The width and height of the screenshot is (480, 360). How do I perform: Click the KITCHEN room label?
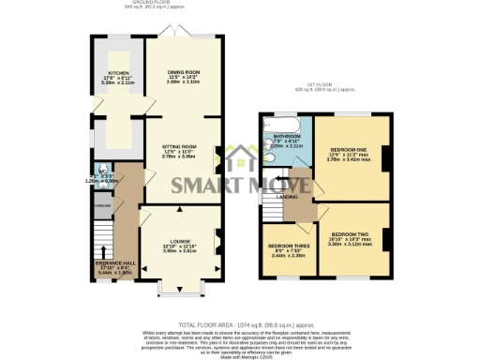117,73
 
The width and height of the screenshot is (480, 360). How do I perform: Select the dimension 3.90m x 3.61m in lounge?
180,251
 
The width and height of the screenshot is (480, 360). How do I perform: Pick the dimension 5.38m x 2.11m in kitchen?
117,84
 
